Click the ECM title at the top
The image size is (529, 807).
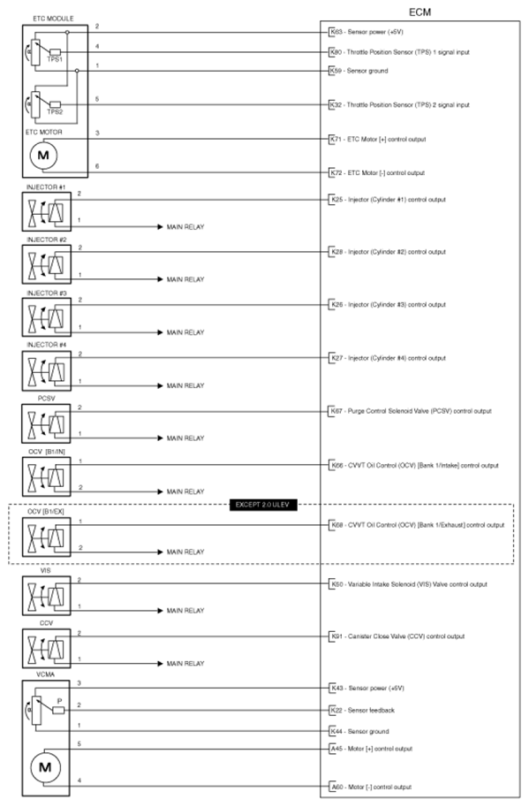420,10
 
